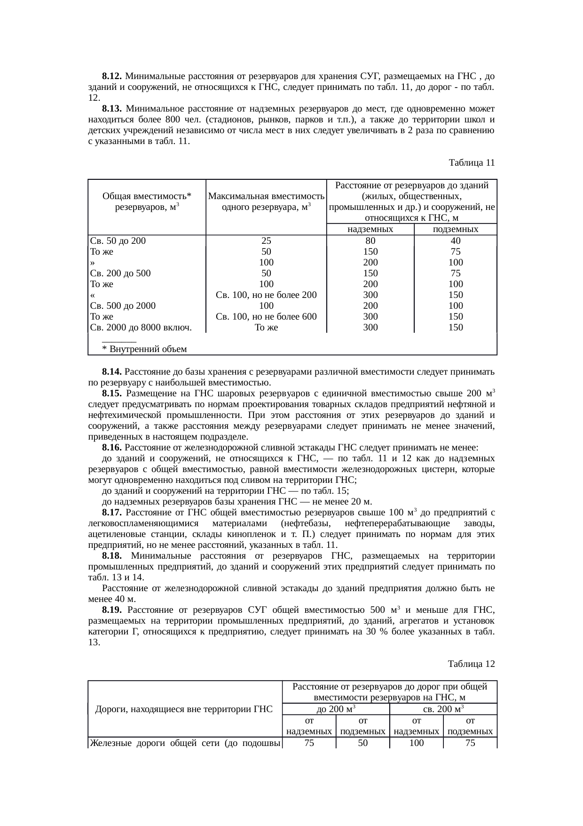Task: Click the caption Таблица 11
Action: coord(472,163)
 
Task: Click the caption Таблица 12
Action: coord(472,664)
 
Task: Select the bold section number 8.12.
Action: coord(112,76)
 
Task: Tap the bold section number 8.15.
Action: coord(112,393)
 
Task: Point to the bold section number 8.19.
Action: coord(112,610)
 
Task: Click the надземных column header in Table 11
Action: coord(370,229)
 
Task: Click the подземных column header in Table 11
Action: coord(455,229)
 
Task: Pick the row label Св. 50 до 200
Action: coord(118,241)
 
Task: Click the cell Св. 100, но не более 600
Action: coord(266,317)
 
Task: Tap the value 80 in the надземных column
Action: coord(370,241)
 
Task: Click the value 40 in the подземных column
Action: coord(455,241)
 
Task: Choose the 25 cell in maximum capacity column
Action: coord(266,241)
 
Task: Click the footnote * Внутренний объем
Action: coord(144,349)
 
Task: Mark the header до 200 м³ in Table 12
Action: coord(336,709)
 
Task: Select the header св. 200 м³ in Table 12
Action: coord(443,709)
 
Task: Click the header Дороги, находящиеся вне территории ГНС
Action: coord(184,709)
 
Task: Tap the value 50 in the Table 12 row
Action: coord(362,743)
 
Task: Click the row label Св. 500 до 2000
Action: coord(123,306)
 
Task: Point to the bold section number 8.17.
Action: coord(112,513)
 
